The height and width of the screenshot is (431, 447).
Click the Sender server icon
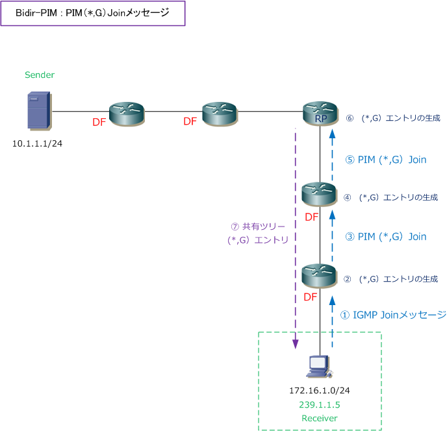(x=38, y=110)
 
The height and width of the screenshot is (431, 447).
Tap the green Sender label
(x=40, y=75)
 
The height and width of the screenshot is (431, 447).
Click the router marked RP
(x=320, y=112)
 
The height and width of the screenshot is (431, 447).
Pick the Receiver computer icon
(x=319, y=367)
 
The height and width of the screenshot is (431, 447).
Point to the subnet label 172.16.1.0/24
(x=319, y=391)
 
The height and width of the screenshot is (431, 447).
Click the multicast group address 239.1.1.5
(x=319, y=405)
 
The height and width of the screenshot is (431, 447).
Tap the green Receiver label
(x=319, y=418)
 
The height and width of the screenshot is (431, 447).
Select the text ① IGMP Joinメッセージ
(x=392, y=315)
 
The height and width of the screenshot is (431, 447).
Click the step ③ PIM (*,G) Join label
(x=386, y=237)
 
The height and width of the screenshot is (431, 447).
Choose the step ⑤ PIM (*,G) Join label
(x=386, y=159)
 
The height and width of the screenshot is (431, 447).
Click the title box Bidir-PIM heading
(x=93, y=13)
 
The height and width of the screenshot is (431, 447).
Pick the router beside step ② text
(x=319, y=275)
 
